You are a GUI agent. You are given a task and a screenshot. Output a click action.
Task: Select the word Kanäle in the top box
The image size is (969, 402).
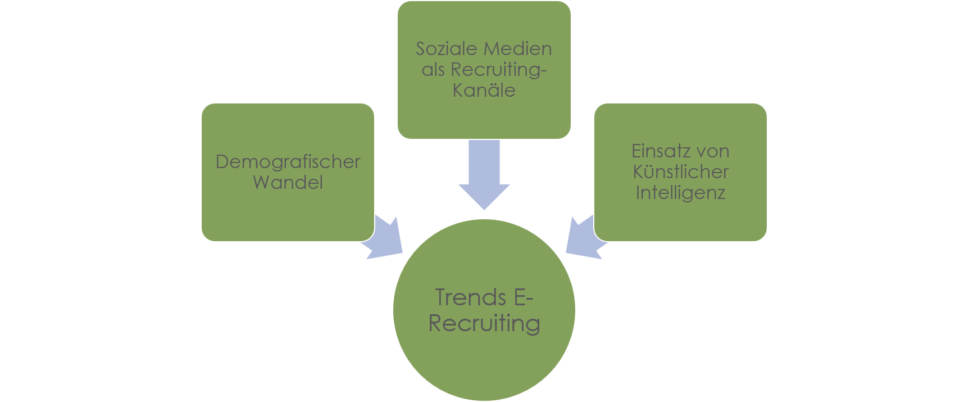[484, 91]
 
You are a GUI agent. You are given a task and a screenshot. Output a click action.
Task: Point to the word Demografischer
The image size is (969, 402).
[288, 162]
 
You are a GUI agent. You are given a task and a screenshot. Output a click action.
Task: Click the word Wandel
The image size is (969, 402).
[288, 183]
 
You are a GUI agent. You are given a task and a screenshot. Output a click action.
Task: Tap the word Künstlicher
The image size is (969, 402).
[680, 172]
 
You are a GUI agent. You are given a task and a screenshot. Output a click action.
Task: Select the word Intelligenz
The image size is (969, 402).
[680, 193]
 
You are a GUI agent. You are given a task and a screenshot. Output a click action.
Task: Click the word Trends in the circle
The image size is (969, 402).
[471, 297]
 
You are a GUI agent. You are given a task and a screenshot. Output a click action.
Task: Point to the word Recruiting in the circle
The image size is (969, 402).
[484, 324]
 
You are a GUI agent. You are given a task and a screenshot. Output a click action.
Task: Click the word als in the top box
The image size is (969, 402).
[433, 70]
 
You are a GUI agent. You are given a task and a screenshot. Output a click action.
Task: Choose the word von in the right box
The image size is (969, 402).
[712, 151]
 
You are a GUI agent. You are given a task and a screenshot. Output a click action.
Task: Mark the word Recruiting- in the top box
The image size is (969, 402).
[499, 70]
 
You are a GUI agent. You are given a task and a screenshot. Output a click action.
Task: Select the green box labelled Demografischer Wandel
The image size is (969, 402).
[288, 214]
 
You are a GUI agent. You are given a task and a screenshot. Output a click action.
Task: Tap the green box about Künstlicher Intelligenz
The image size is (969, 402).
[680, 222]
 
